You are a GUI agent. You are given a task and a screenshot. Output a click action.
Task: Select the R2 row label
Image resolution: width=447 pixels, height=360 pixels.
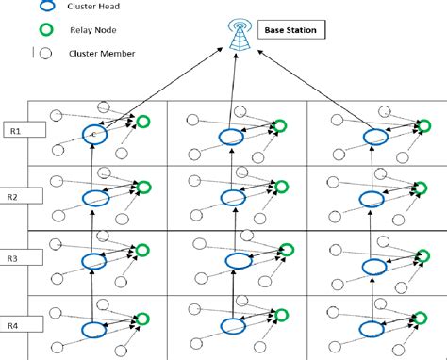15,197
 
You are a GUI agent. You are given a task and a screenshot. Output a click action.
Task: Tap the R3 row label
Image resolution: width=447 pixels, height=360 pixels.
15,257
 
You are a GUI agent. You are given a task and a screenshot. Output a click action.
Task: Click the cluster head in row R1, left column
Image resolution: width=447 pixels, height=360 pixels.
93,135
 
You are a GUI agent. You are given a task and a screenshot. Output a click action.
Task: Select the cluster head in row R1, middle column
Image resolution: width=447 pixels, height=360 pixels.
229,138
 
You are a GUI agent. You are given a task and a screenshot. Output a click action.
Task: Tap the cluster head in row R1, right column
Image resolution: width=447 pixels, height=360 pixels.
368,138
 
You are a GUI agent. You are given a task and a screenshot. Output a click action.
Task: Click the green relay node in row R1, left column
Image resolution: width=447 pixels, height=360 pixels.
143,122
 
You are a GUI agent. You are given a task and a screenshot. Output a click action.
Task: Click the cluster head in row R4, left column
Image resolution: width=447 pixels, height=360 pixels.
94,329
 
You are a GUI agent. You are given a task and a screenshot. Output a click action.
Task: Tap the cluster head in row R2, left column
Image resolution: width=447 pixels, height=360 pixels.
95,198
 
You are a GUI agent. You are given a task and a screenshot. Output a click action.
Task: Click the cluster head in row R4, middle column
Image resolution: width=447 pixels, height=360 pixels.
231,326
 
